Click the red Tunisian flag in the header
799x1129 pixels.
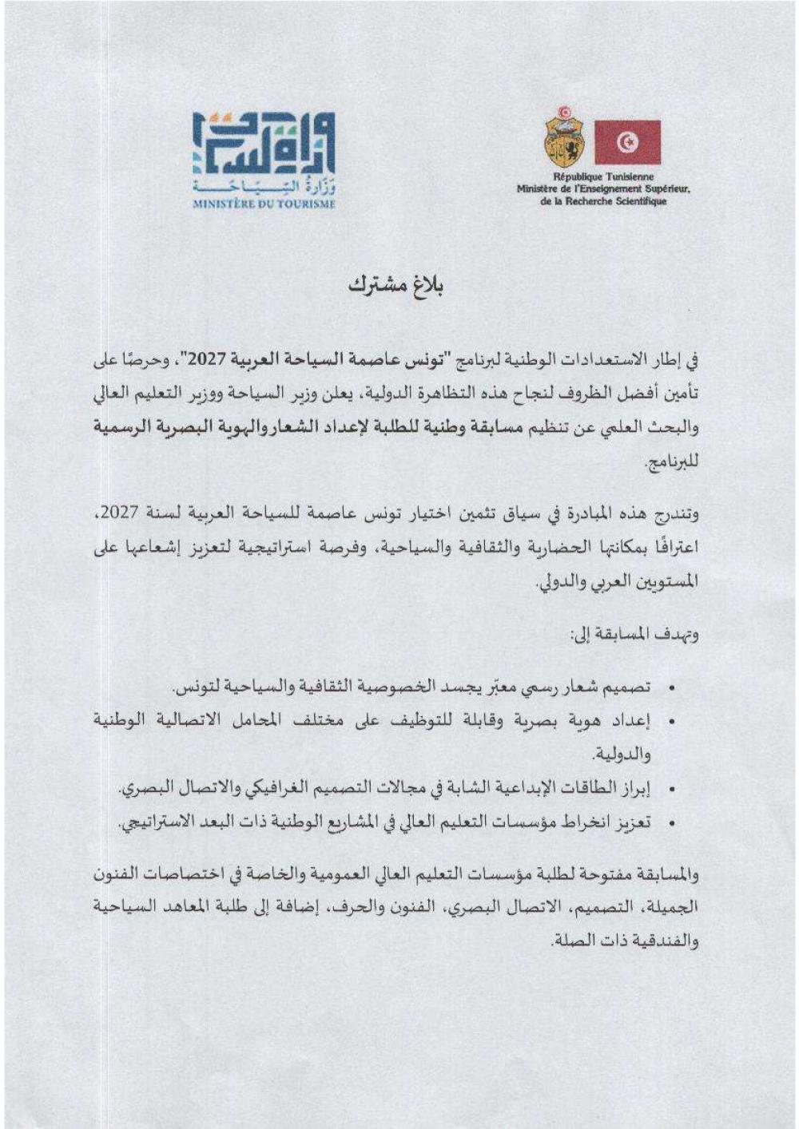tap(627, 142)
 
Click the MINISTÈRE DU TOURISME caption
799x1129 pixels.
tap(264, 204)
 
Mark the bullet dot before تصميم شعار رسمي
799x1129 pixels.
tap(672, 687)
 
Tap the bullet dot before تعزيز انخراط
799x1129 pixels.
tap(672, 822)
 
